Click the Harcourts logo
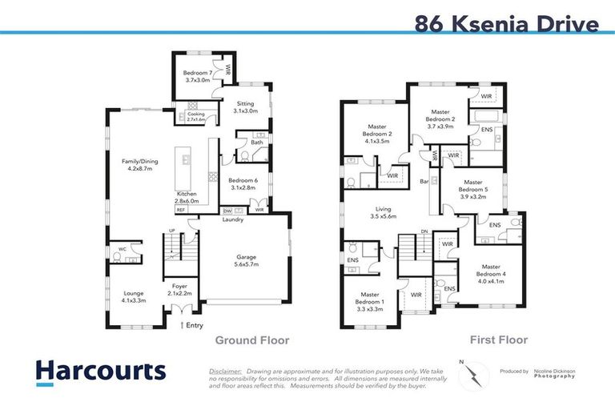point(100,371)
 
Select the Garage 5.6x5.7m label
point(247,260)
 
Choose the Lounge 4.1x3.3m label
point(134,297)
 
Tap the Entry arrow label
point(193,324)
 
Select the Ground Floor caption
point(251,340)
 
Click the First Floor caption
point(498,340)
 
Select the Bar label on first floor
point(423,182)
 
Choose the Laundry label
point(234,219)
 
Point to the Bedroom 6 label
point(242,184)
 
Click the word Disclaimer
point(225,372)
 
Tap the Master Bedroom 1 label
point(370,298)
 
